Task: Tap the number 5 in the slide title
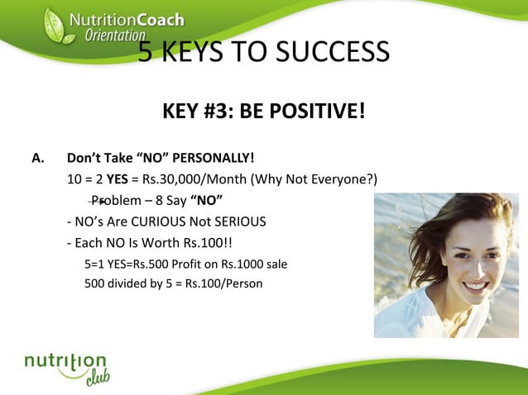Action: pyautogui.click(x=146, y=53)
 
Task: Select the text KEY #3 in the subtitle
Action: pyautogui.click(x=194, y=111)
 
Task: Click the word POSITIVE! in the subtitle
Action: pyautogui.click(x=319, y=111)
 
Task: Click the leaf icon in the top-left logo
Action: pyautogui.click(x=55, y=26)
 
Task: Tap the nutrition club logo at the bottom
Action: pyautogui.click(x=67, y=369)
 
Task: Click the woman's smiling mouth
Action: pyautogui.click(x=475, y=286)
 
